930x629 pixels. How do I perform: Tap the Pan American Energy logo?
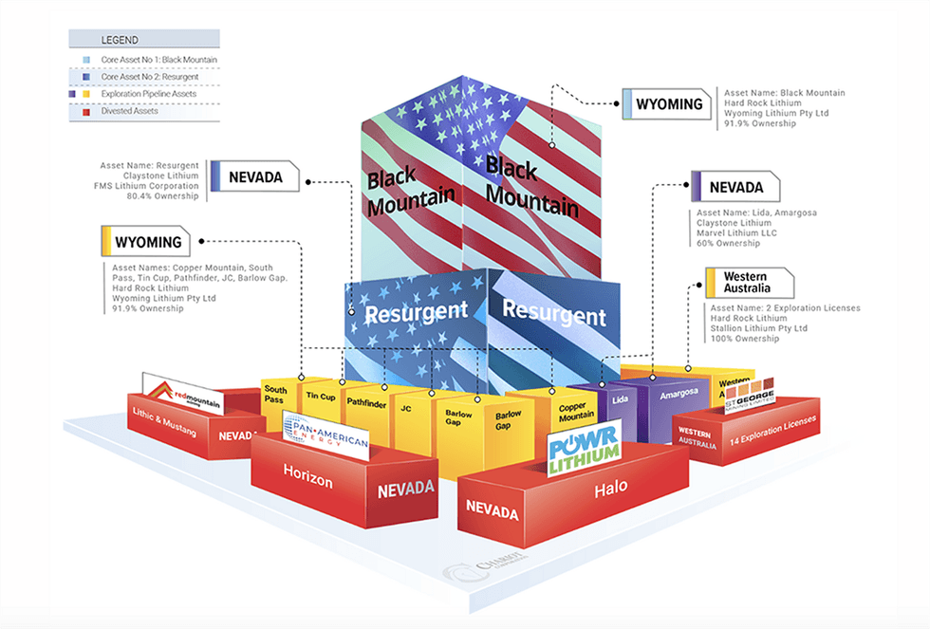tap(324, 435)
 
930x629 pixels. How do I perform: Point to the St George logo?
tap(749, 395)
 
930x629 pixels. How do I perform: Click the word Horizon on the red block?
tap(308, 481)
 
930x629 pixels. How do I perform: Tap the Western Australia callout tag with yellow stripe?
tap(737, 282)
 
